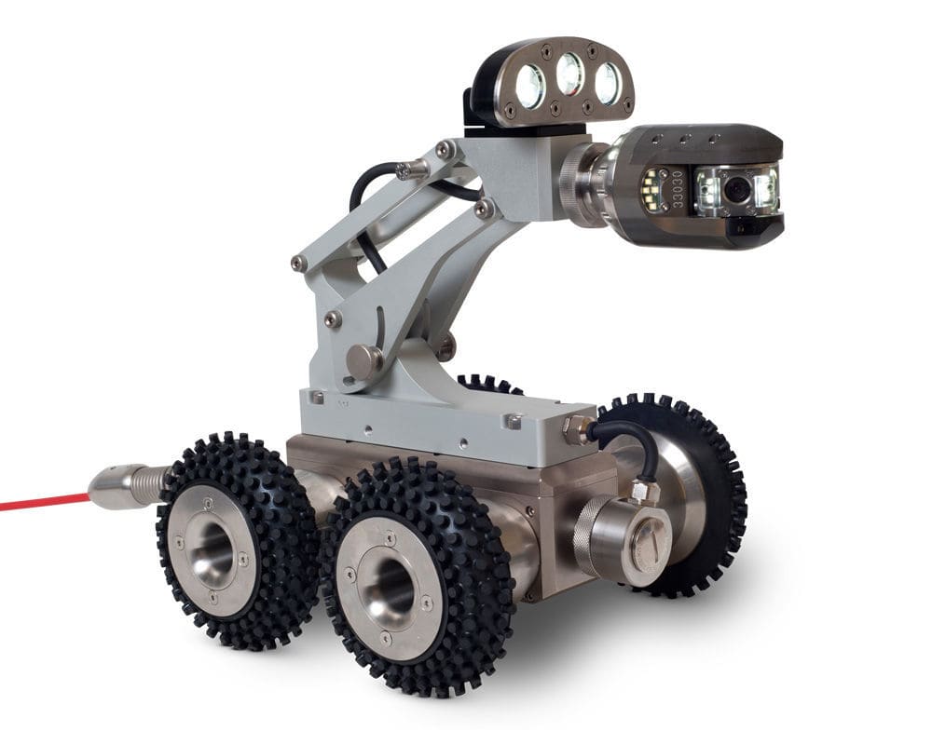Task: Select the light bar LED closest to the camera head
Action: (x=607, y=84)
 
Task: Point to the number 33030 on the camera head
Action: (x=678, y=188)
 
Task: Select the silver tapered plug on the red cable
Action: (x=117, y=488)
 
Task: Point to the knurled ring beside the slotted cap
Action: (x=595, y=538)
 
